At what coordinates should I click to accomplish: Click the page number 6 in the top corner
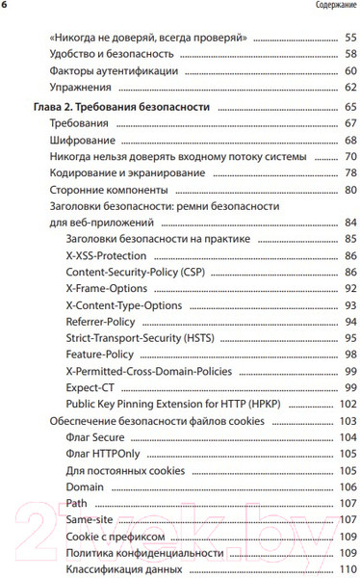tap(5, 6)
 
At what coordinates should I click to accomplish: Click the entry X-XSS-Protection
tap(106, 256)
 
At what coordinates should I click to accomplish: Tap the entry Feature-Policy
tap(100, 355)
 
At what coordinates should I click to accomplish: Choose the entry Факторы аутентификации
tap(111, 71)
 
